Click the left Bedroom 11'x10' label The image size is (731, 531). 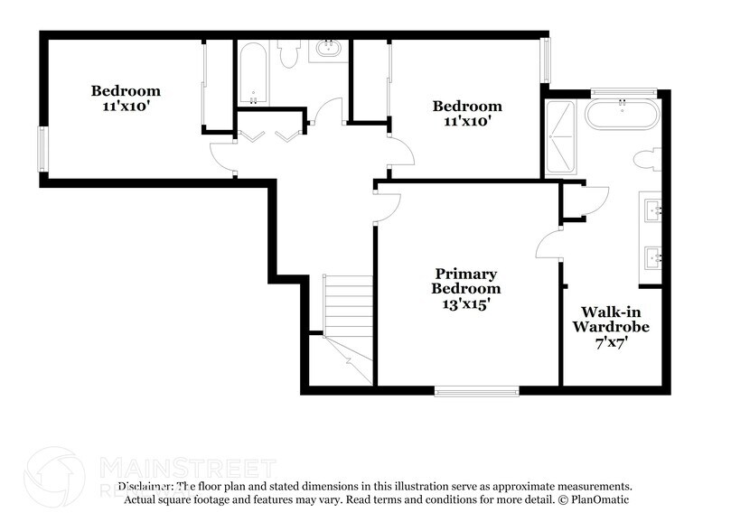coord(126,98)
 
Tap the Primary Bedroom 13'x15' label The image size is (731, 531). coord(465,289)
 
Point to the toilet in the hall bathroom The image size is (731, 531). coord(289,56)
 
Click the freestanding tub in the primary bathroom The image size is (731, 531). coord(622,116)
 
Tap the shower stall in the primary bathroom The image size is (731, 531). coord(560,138)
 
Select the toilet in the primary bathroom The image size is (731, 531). coord(648,161)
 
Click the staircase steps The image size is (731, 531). coord(348,306)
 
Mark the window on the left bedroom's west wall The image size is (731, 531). coord(42,149)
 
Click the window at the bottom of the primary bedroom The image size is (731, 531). coord(476,391)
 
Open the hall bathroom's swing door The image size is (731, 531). coord(325,115)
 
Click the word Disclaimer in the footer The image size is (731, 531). coord(145,486)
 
